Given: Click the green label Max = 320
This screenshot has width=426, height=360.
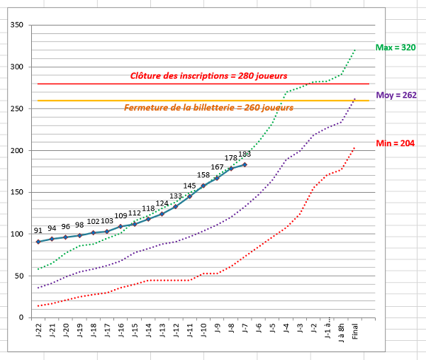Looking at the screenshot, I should tap(396, 48).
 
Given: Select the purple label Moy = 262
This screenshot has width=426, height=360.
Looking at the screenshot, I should tap(396, 95).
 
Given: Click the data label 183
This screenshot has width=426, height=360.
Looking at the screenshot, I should tap(245, 154).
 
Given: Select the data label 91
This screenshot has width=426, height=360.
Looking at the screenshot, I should tap(38, 231).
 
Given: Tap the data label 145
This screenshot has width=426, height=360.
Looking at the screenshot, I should tap(190, 186).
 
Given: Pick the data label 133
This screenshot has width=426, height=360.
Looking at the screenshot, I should tap(176, 196).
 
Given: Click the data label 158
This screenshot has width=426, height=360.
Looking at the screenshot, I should tap(203, 175).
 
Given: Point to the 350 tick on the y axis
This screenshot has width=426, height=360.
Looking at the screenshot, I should tap(18, 26).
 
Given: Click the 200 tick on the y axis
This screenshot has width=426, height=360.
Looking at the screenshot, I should tap(18, 151).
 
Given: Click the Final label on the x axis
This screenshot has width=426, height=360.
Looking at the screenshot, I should tap(355, 332).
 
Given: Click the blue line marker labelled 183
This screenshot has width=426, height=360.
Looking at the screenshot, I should tap(245, 164).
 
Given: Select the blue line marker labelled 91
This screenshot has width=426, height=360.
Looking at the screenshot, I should tap(38, 242).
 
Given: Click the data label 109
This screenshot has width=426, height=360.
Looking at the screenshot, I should tap(121, 215).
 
